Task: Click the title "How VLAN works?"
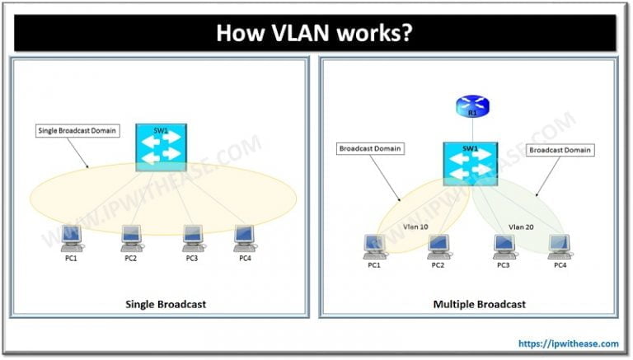click(x=316, y=34)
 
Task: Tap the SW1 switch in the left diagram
click(x=162, y=148)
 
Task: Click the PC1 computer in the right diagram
click(x=375, y=245)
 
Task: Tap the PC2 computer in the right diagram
click(x=437, y=245)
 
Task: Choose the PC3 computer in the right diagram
click(x=502, y=245)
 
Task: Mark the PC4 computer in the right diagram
click(x=560, y=245)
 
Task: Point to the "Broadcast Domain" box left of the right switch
click(x=369, y=149)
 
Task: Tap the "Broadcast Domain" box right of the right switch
click(x=560, y=151)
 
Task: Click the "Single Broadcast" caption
click(x=165, y=304)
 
